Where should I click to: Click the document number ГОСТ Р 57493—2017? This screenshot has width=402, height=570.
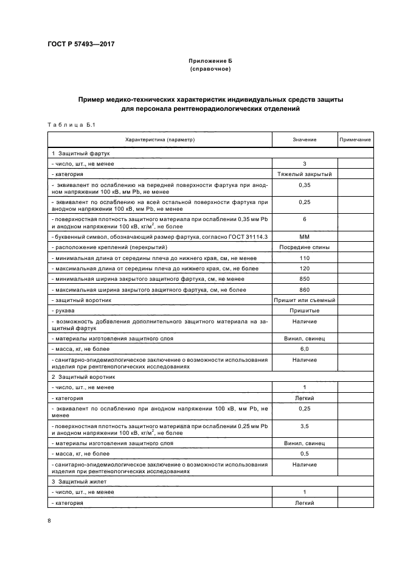point(80,44)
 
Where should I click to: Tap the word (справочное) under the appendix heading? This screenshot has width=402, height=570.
point(210,69)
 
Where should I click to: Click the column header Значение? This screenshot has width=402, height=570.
point(304,139)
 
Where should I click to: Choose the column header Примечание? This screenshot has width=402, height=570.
point(355,139)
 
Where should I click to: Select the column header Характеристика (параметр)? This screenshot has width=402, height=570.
point(162,139)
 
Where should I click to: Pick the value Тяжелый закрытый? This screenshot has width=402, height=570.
point(304,174)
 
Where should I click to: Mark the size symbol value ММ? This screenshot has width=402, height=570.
point(304,236)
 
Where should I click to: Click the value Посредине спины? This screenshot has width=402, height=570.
point(304,247)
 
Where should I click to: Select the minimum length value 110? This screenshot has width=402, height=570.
point(304,258)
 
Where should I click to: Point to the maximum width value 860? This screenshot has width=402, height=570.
point(304,289)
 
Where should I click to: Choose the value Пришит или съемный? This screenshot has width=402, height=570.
point(304,300)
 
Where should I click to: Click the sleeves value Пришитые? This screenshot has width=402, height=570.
point(304,311)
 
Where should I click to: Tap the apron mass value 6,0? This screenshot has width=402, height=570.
point(304,348)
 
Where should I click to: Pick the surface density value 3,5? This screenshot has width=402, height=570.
point(304,426)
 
